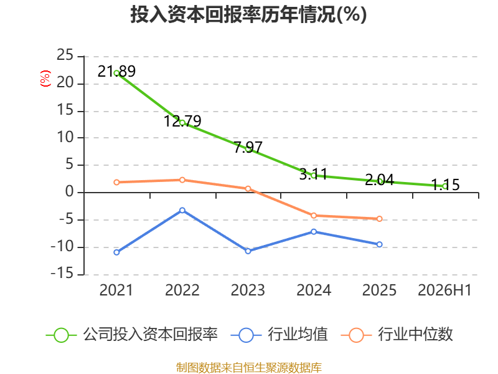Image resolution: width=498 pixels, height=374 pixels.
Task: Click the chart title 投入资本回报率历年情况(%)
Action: tap(248, 14)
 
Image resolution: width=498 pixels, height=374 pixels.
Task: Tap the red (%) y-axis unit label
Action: tap(45, 79)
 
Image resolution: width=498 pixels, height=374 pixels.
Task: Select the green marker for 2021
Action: tap(116, 73)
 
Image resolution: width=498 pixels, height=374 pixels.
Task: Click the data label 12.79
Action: tap(182, 121)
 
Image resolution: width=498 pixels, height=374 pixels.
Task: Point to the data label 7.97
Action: tap(248, 147)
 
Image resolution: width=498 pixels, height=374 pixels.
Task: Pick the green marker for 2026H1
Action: tap(445, 186)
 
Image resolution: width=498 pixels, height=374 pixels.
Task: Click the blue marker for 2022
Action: tap(182, 210)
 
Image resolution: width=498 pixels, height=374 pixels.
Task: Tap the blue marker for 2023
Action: tap(248, 251)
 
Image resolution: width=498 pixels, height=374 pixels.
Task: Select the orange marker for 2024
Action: tap(314, 216)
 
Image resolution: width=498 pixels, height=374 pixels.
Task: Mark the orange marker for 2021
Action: tap(116, 182)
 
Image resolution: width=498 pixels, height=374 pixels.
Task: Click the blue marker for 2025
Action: tap(380, 244)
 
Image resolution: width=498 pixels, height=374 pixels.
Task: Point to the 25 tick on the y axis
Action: tap(65, 55)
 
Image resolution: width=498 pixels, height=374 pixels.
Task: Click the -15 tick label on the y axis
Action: tap(62, 274)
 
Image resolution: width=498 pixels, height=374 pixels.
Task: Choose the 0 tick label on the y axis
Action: tap(70, 192)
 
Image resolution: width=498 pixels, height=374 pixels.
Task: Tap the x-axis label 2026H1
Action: tap(444, 290)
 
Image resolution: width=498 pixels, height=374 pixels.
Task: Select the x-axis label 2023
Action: tap(248, 290)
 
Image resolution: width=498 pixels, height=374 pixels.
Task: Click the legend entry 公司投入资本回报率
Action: tap(132, 335)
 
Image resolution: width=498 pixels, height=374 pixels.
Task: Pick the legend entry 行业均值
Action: tap(279, 335)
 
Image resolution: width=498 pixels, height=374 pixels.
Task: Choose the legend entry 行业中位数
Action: tap(397, 335)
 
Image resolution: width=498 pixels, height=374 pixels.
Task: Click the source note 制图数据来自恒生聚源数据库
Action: tap(249, 368)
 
